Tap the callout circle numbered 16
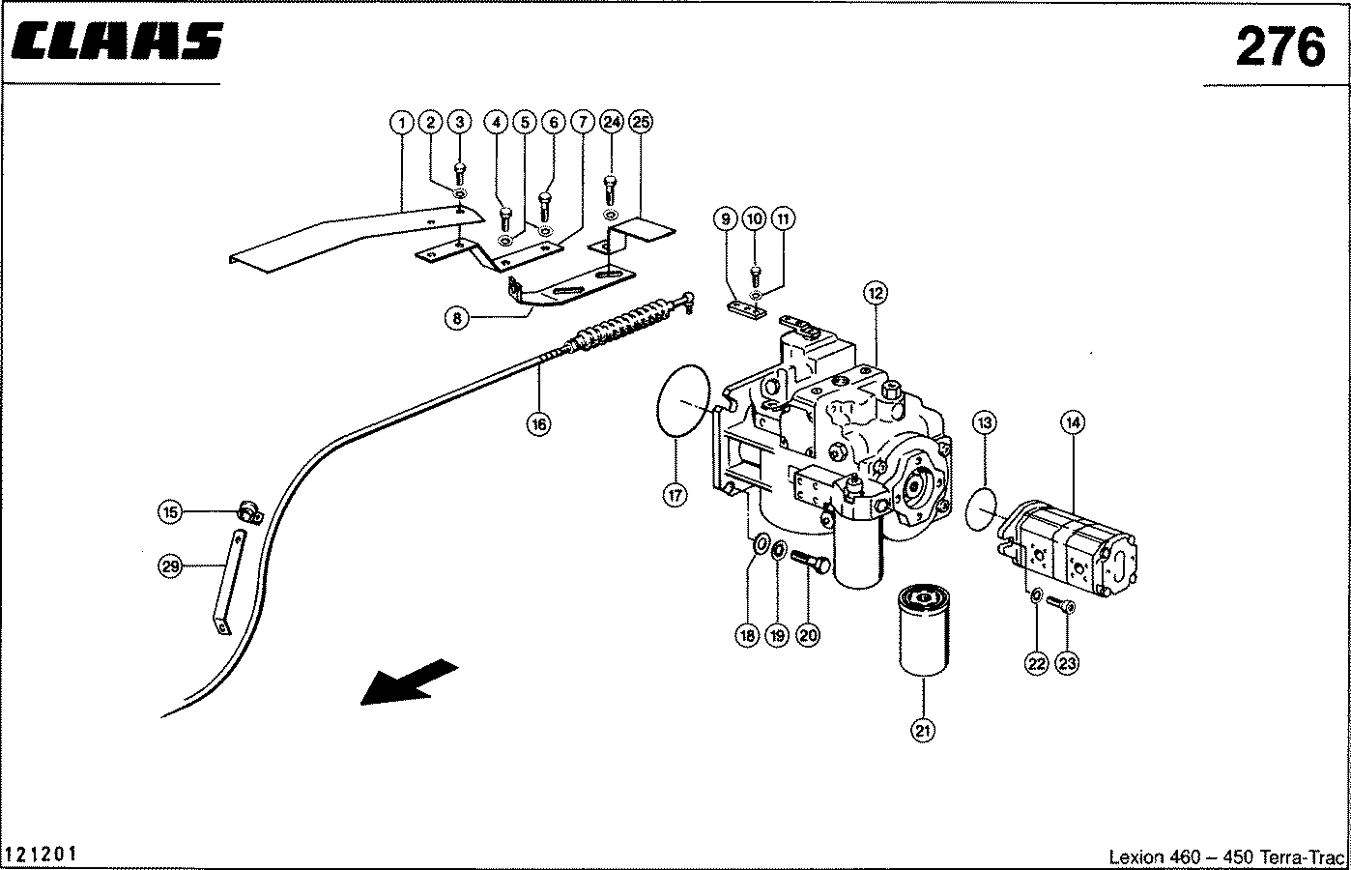(x=539, y=422)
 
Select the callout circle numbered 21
(x=923, y=731)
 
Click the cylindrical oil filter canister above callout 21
(x=925, y=629)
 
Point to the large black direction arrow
(x=408, y=682)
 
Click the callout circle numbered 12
(x=875, y=292)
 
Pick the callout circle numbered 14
(x=1073, y=422)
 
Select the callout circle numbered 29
(x=170, y=567)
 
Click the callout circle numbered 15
(x=170, y=512)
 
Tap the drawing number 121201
(x=43, y=855)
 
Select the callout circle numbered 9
(x=726, y=219)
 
